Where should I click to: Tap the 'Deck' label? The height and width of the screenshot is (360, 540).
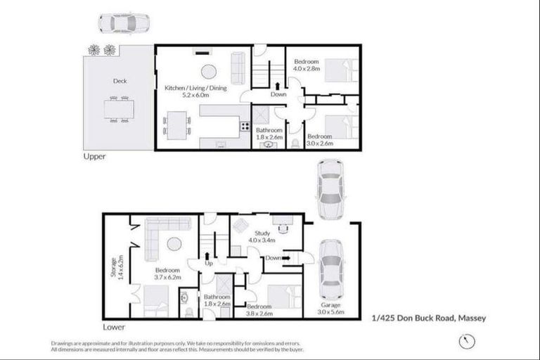[120, 81]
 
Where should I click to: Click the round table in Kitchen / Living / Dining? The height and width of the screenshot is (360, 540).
[210, 70]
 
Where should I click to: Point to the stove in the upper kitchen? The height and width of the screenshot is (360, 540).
[245, 127]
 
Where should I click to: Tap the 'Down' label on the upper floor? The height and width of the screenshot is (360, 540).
[278, 94]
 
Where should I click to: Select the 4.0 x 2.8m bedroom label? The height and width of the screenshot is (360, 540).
[307, 65]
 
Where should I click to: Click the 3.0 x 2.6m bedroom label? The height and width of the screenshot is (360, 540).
[319, 139]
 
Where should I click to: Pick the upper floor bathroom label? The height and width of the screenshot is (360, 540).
[269, 134]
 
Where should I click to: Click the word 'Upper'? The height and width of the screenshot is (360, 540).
[94, 157]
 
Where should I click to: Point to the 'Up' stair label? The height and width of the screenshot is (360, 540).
[208, 263]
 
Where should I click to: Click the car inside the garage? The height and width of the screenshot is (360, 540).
[329, 269]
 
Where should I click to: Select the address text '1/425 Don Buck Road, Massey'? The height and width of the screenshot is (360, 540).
[429, 318]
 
